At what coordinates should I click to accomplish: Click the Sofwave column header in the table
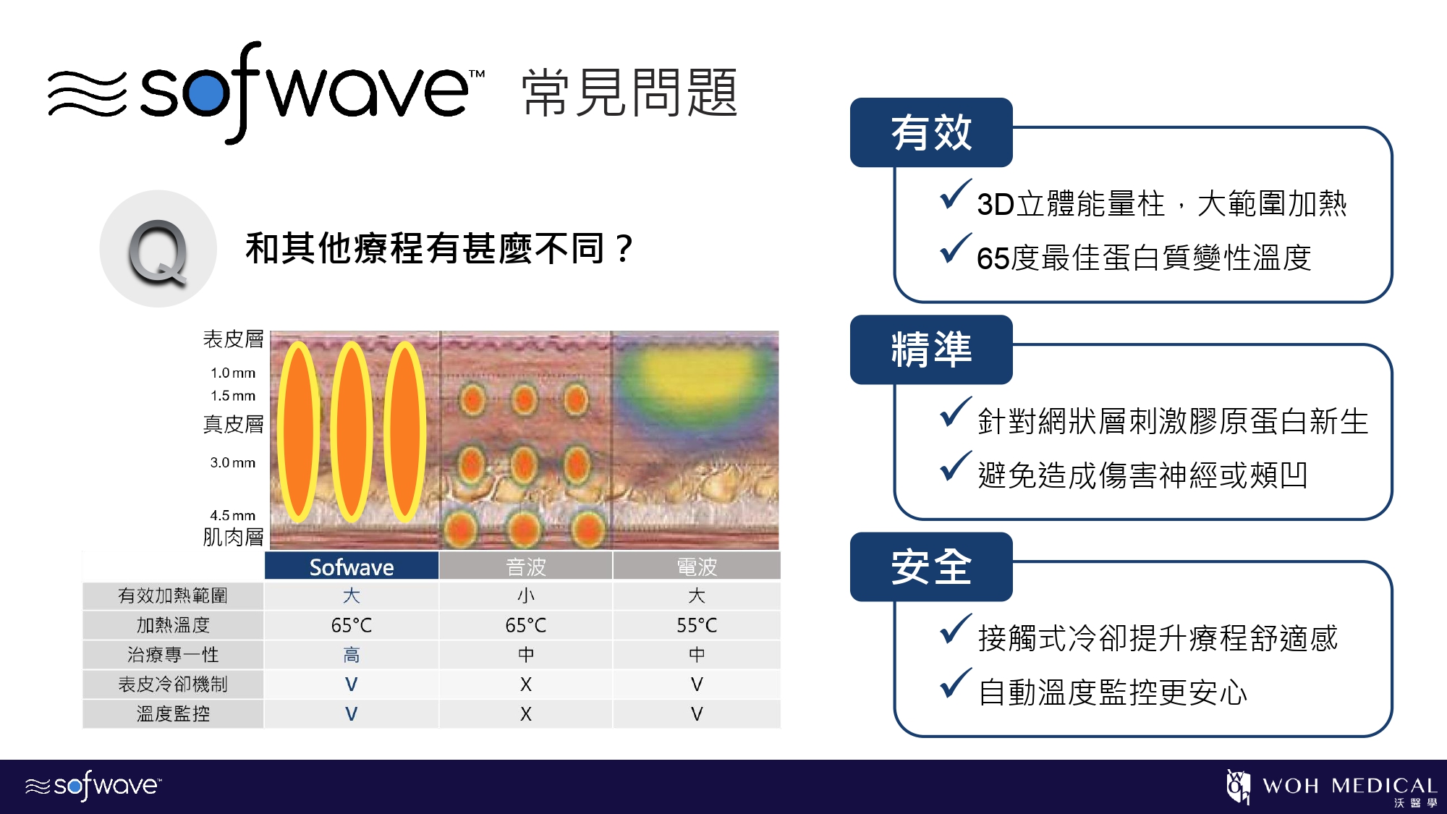pos(352,567)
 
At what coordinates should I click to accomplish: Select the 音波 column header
pos(526,567)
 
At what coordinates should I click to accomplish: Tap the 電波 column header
pos(697,567)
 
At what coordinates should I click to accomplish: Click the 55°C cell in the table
pos(697,625)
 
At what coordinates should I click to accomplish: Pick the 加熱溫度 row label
pos(173,625)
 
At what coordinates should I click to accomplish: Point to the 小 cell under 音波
pos(526,595)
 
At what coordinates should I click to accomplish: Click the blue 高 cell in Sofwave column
pos(352,655)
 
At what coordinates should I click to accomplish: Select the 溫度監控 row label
pos(173,714)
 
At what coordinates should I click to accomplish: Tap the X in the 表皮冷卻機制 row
pos(526,684)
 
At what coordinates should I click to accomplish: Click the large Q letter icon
pos(158,250)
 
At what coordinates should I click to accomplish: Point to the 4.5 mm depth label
pos(232,515)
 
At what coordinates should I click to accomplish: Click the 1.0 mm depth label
pos(232,373)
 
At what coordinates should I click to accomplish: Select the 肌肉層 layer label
pos(233,537)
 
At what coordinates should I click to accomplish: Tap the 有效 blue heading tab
pos(931,133)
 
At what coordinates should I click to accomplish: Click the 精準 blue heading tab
pos(931,350)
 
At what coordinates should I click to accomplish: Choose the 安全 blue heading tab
pos(931,567)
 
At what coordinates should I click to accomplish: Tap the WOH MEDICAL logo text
pos(1349,786)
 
